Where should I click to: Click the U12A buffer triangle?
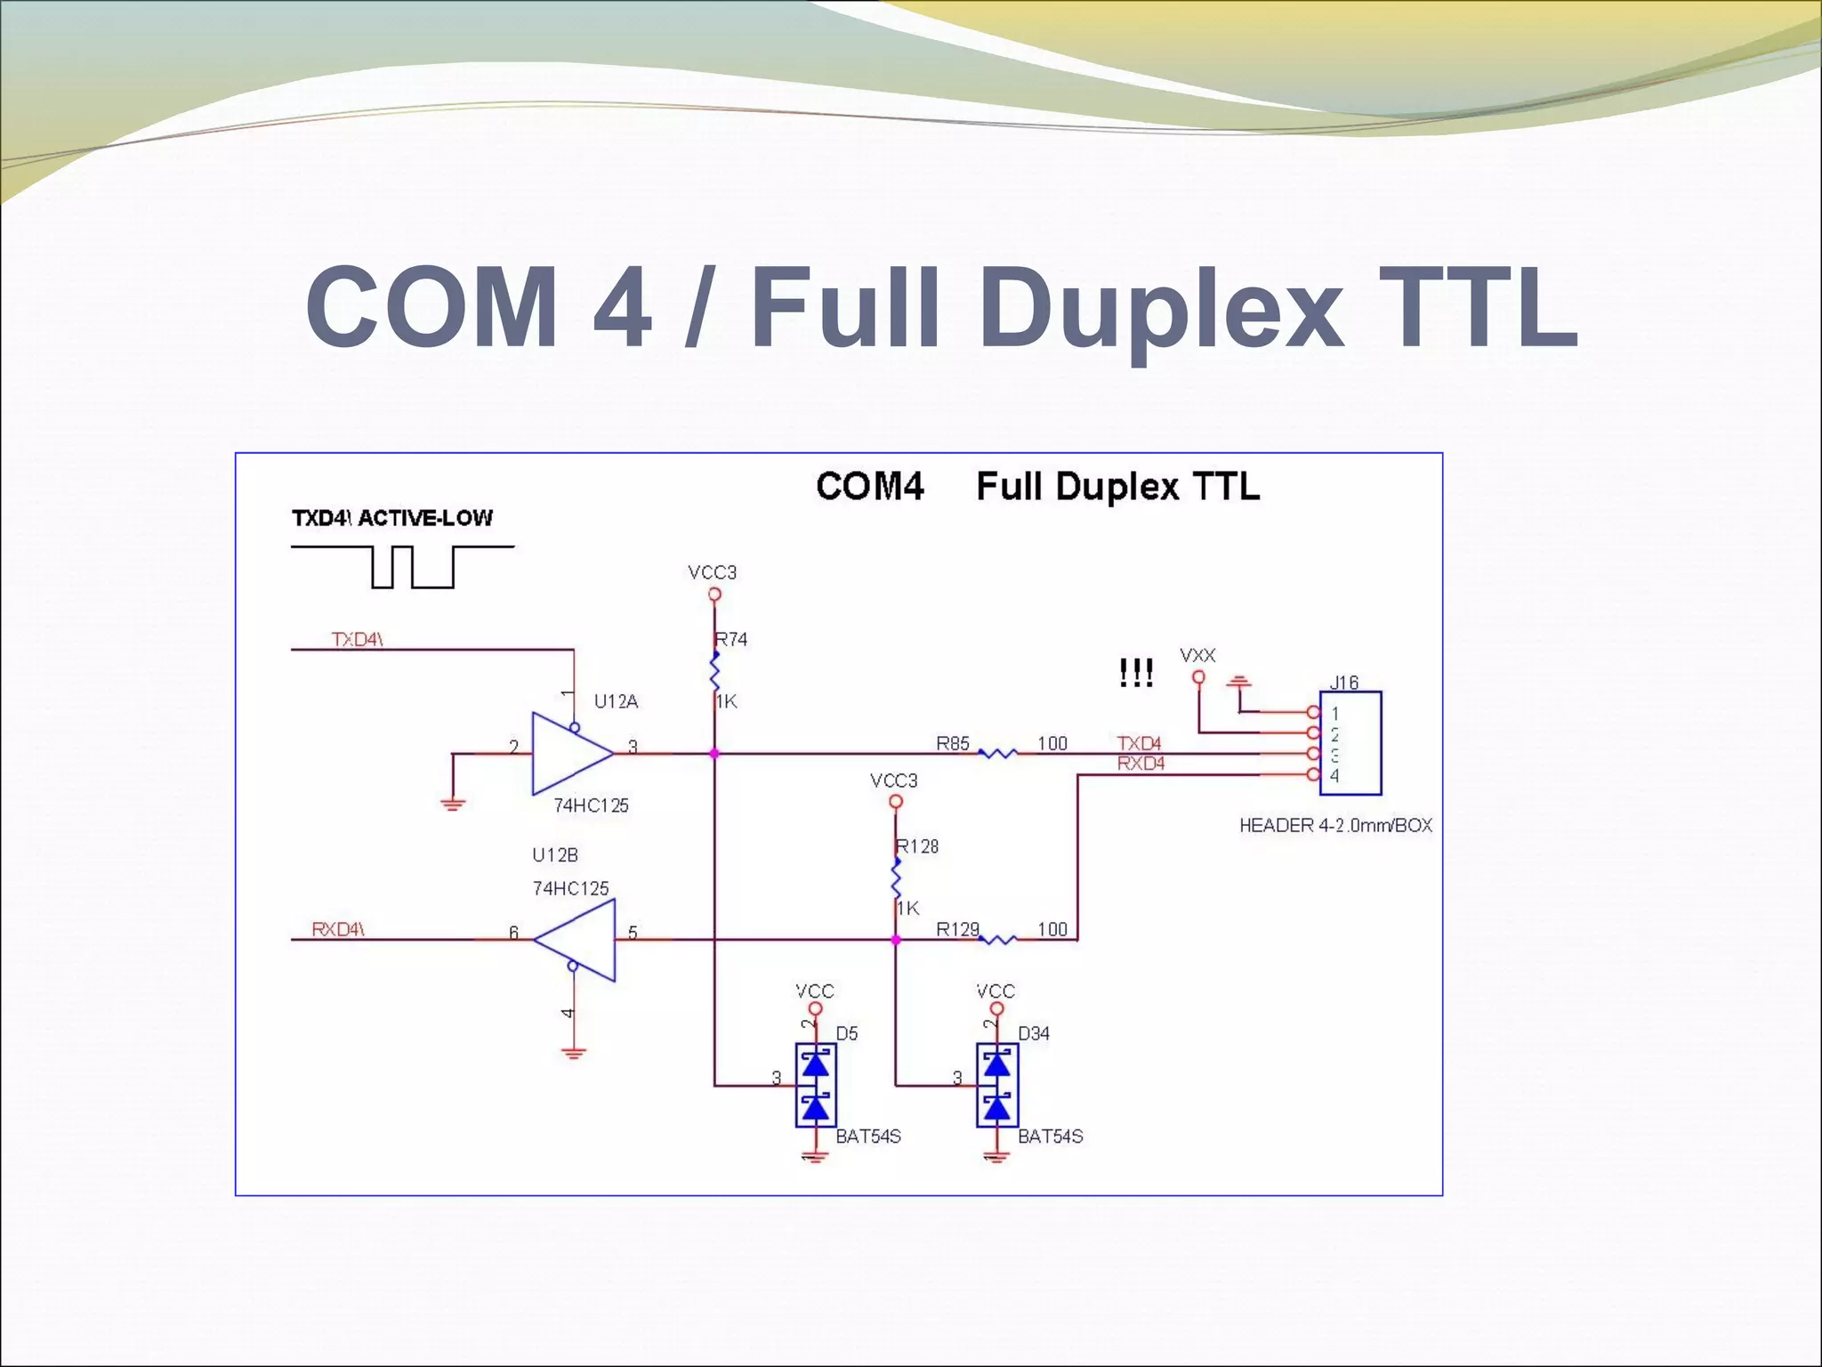[569, 753]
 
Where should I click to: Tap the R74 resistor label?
[731, 639]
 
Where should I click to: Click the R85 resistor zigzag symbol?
[997, 754]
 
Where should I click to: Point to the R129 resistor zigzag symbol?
[997, 939]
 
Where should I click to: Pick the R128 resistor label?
[918, 846]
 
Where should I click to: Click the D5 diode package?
[815, 1086]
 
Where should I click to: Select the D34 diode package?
[996, 1086]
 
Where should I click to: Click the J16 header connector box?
[1350, 743]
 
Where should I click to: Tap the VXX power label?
[1197, 656]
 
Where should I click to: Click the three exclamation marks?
[1136, 673]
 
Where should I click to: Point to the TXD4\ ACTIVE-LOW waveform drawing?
[403, 567]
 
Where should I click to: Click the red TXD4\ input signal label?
[357, 640]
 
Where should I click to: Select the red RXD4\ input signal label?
[338, 930]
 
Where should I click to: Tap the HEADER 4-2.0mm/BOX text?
[1335, 826]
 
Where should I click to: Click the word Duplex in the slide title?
[1161, 308]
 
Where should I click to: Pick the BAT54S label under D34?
[1051, 1136]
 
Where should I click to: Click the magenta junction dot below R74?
[713, 754]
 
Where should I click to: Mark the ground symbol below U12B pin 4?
[574, 1055]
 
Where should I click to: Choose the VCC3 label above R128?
[893, 781]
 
